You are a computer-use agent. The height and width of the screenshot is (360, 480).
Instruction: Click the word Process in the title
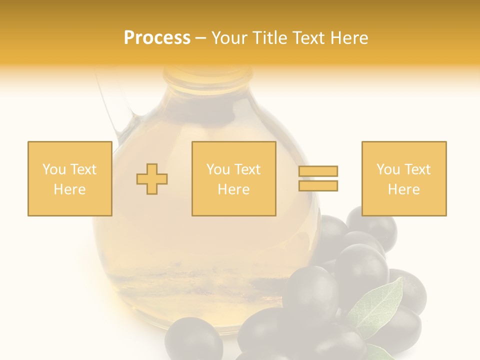(x=157, y=38)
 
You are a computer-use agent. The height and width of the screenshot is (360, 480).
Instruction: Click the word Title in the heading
(x=271, y=38)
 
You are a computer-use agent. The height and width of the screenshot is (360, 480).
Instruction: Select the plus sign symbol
(x=152, y=179)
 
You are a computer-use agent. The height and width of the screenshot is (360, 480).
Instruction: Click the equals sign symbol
(x=318, y=178)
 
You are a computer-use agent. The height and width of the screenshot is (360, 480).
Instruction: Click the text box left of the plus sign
(x=70, y=178)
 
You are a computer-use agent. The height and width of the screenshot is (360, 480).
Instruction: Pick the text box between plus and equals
(x=233, y=178)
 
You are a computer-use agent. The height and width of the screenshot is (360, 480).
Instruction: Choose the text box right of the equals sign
(x=403, y=178)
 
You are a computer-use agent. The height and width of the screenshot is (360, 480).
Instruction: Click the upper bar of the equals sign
(x=318, y=171)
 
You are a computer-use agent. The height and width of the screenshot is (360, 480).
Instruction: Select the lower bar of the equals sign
(x=318, y=185)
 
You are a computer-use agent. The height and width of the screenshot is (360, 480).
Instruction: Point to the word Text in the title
(x=309, y=38)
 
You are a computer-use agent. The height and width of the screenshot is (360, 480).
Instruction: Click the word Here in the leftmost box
(x=70, y=189)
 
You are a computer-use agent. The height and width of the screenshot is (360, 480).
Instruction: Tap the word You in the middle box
(x=218, y=169)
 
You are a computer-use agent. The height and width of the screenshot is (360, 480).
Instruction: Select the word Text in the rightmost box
(x=417, y=169)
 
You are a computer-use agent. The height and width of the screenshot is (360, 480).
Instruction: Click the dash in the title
(x=200, y=38)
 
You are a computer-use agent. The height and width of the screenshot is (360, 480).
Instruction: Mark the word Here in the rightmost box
(x=403, y=189)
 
